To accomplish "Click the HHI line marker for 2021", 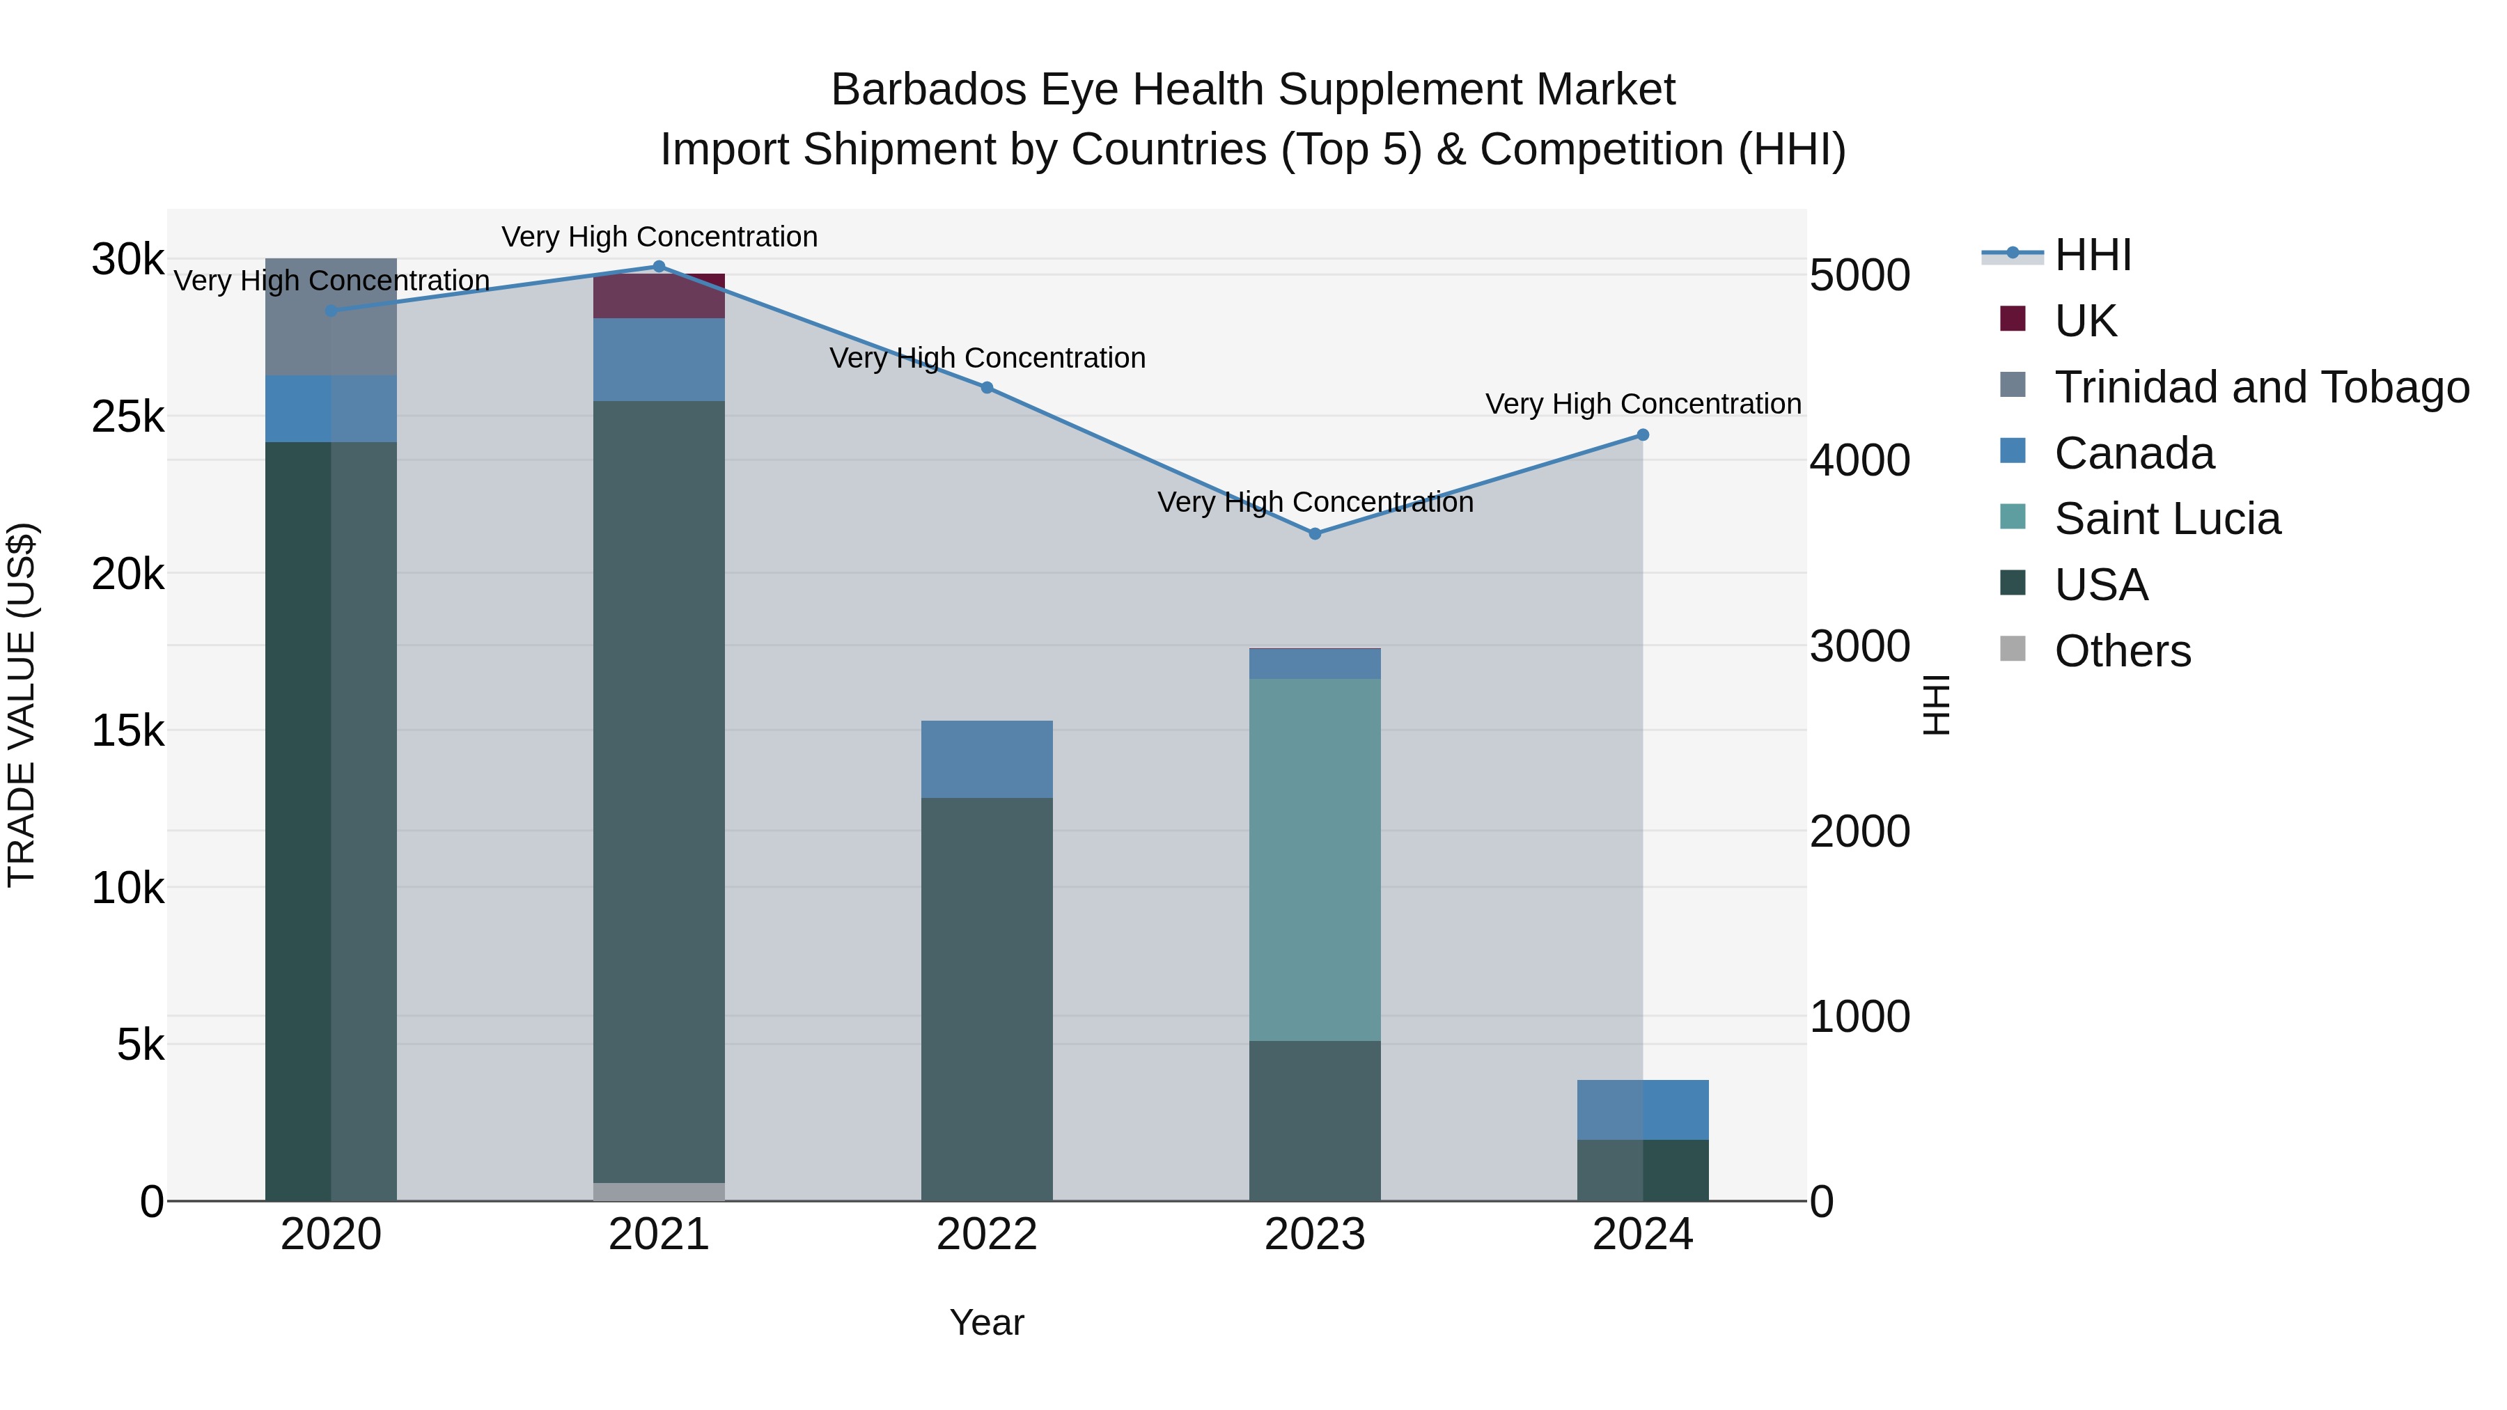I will (659, 267).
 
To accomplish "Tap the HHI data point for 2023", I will (1315, 533).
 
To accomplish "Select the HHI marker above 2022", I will (987, 387).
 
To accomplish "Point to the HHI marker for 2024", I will (1643, 435).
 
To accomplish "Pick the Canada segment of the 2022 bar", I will (987, 759).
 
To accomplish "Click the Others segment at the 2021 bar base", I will (659, 1191).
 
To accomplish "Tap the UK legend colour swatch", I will (2013, 319).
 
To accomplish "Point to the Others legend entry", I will (2122, 651).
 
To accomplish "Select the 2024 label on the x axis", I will (1643, 1235).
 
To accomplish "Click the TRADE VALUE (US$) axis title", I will (22, 705).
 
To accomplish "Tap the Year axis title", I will (987, 1322).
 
